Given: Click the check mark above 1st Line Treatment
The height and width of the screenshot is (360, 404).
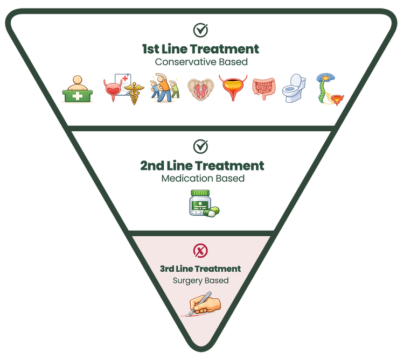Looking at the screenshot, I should pyautogui.click(x=200, y=30).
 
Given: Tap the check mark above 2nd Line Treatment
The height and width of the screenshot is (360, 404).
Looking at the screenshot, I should pyautogui.click(x=200, y=146).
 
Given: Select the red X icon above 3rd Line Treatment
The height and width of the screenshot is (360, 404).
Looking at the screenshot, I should pyautogui.click(x=200, y=250).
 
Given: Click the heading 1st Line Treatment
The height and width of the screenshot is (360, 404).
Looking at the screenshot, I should pyautogui.click(x=200, y=49).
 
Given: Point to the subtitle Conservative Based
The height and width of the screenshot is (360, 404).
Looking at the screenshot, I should pyautogui.click(x=200, y=62).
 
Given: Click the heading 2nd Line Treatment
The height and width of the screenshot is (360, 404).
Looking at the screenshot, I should pyautogui.click(x=202, y=165).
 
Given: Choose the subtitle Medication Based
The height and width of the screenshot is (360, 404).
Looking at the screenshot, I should pyautogui.click(x=203, y=178).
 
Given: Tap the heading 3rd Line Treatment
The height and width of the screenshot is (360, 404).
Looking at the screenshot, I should pyautogui.click(x=200, y=269).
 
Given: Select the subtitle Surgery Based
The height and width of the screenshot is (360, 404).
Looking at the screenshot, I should pyautogui.click(x=200, y=280).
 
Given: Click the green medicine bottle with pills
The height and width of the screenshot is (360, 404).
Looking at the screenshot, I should pyautogui.click(x=203, y=203).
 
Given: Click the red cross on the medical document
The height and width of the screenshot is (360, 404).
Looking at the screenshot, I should pyautogui.click(x=125, y=80).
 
